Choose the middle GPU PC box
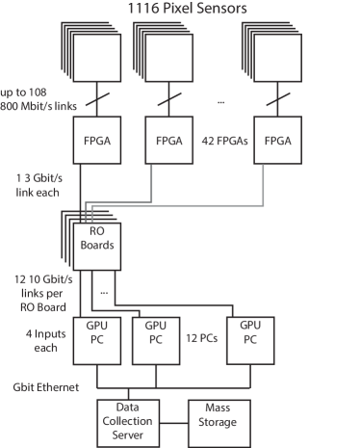tap(156, 333)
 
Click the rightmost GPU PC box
tap(250, 333)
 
